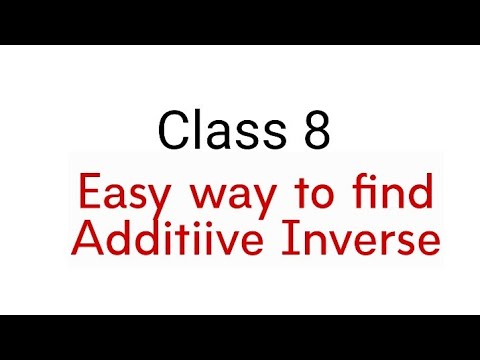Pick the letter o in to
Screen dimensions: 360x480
pos(335,196)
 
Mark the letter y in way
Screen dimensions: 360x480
pos(266,199)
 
